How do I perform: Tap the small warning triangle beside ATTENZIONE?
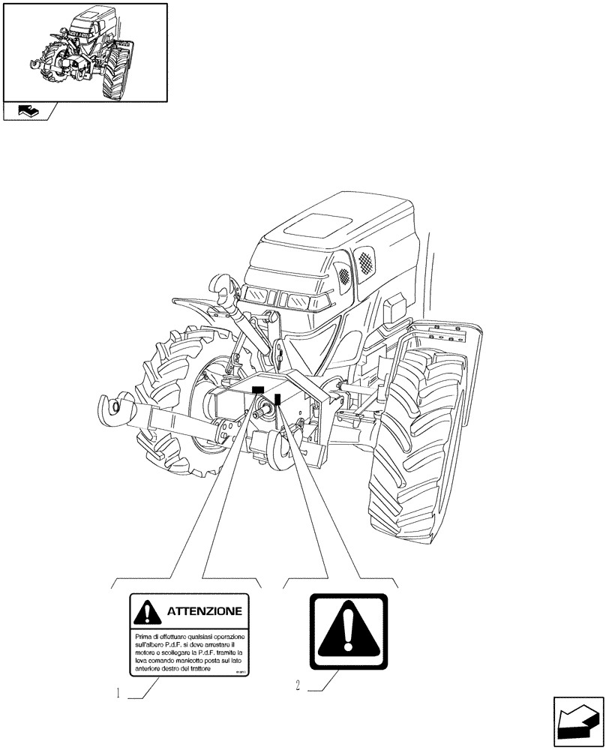pos(148,613)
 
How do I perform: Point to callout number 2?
pos(298,685)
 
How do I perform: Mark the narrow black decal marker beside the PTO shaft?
pos(277,400)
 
